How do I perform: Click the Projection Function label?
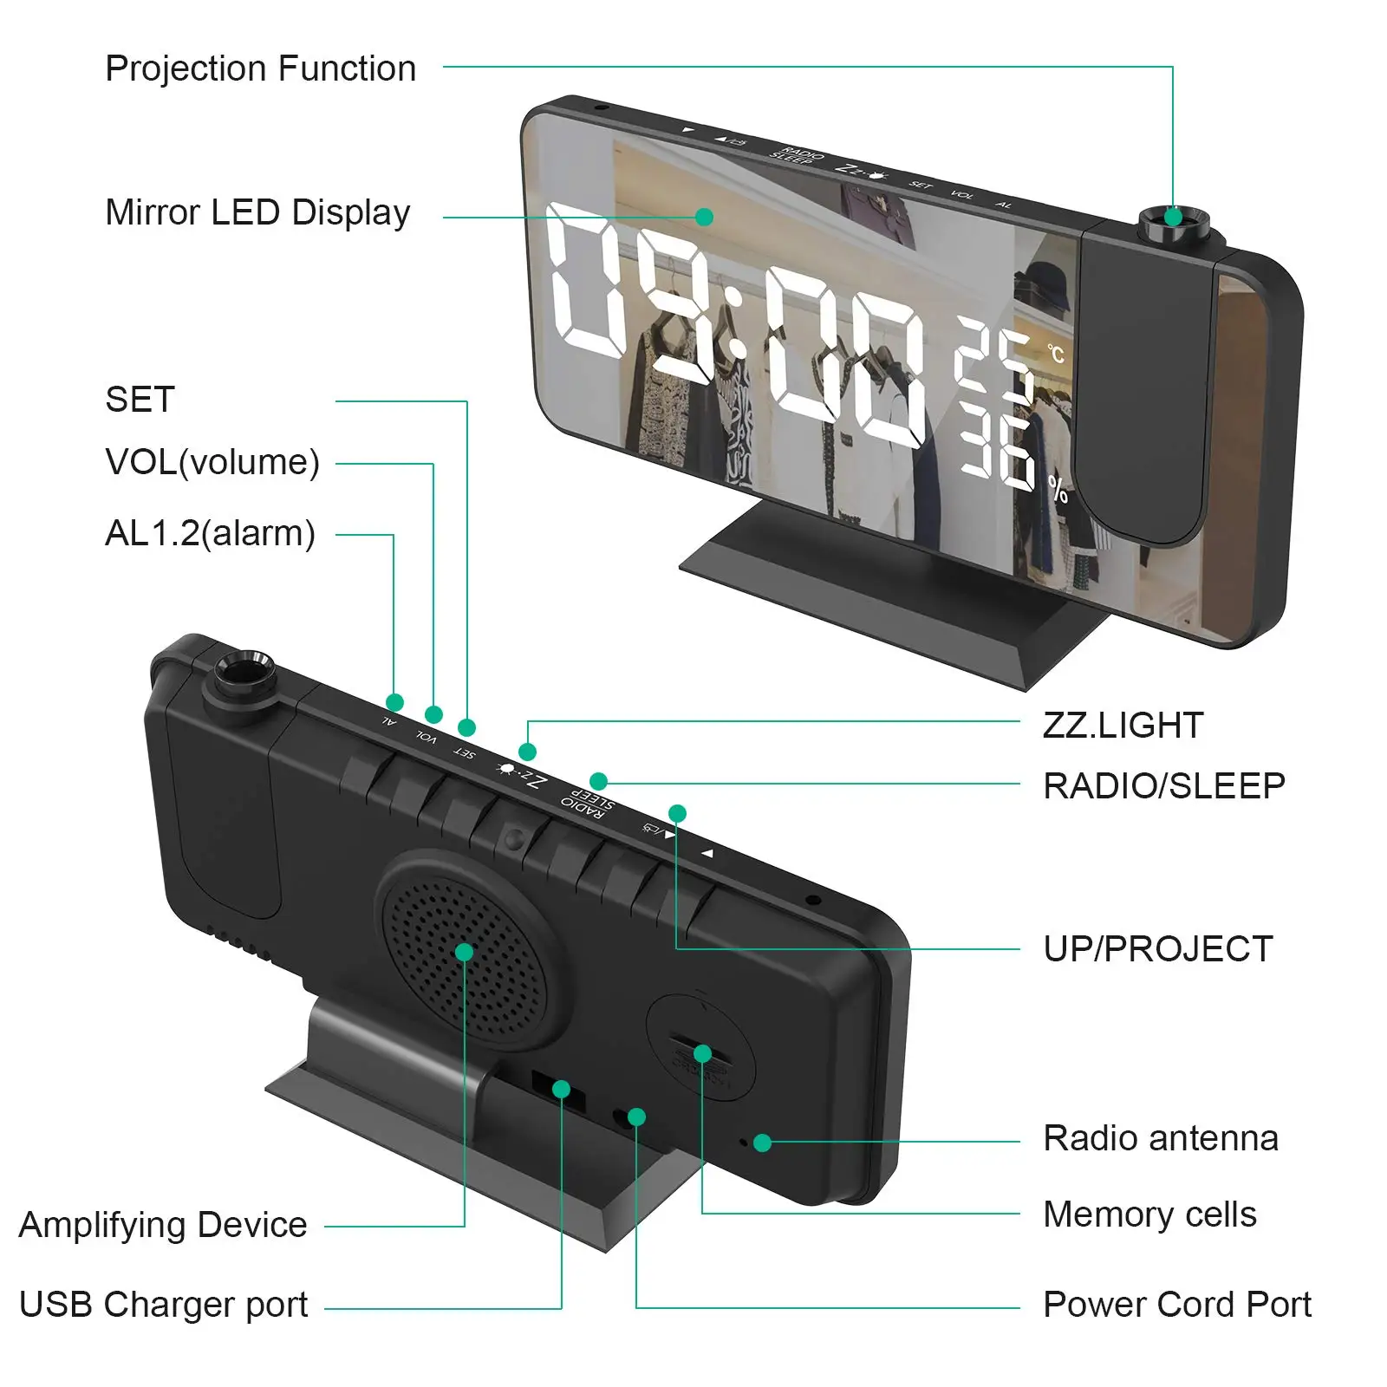click(260, 68)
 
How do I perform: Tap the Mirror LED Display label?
click(257, 212)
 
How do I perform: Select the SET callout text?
click(140, 400)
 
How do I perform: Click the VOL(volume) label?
click(212, 462)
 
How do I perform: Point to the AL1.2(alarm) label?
click(210, 533)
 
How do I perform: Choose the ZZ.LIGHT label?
click(1123, 726)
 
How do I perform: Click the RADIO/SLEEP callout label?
click(1163, 786)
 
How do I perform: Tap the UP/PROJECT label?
click(1157, 949)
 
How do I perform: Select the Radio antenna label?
click(1160, 1138)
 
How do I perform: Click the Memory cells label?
click(1149, 1214)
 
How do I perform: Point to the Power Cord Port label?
click(1176, 1305)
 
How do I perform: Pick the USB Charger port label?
click(163, 1305)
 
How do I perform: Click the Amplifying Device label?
click(163, 1225)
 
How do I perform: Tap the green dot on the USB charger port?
click(561, 1089)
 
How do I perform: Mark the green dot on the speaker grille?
click(464, 952)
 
